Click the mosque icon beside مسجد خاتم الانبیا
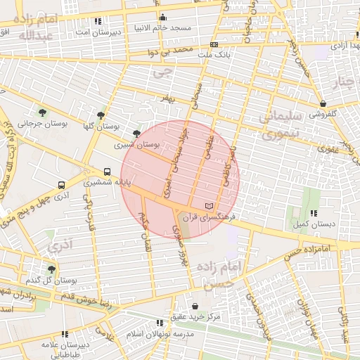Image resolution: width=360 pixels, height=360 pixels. point(163,18)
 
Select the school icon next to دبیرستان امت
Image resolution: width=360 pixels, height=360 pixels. point(97,22)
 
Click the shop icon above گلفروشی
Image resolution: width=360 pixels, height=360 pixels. point(322,103)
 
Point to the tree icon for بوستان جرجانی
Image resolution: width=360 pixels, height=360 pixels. point(43,112)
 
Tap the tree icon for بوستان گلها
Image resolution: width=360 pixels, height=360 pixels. point(101,115)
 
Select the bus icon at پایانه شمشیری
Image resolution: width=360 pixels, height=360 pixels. point(107,171)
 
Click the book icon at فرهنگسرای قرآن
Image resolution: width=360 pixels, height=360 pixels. point(207,206)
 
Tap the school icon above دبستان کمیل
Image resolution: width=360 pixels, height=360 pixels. point(313,212)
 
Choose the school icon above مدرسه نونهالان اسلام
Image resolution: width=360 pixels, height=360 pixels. point(160,323)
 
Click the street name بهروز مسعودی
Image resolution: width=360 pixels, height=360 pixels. point(181,247)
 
